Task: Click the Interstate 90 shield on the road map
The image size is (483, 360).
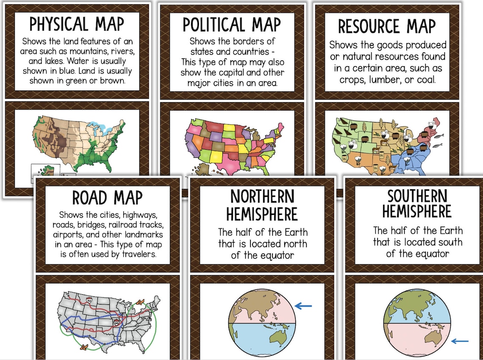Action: tap(89, 300)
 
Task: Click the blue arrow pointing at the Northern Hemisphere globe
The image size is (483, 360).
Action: tap(303, 306)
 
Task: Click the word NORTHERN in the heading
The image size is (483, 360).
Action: tap(262, 197)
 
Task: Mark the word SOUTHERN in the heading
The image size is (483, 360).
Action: tap(417, 196)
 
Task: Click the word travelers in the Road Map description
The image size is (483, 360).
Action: tap(139, 254)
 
